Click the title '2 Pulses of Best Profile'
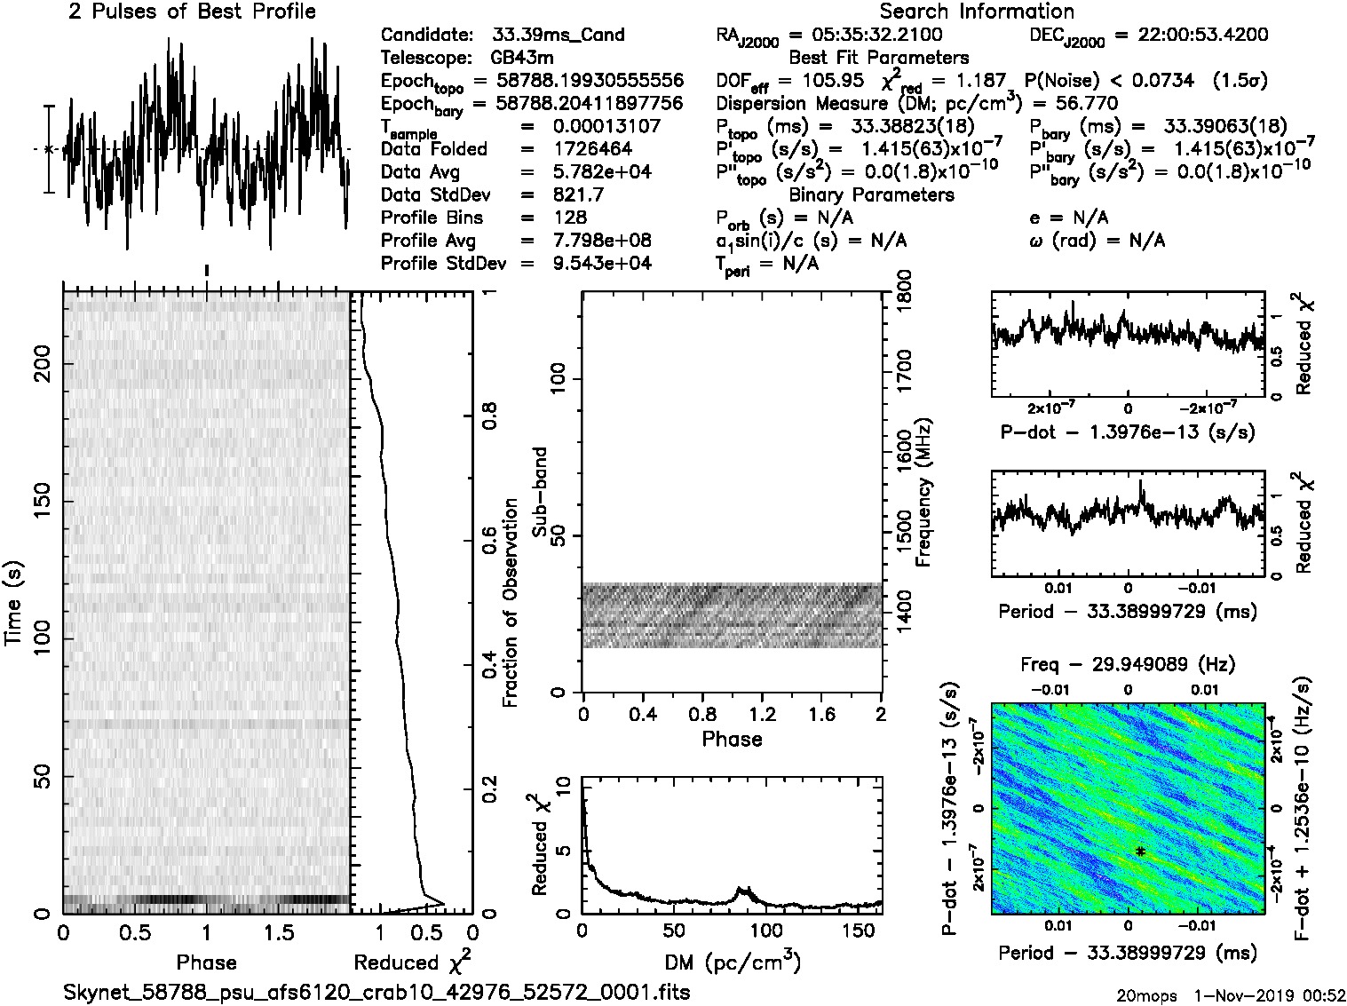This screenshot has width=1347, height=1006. click(x=192, y=12)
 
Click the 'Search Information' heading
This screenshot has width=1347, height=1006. click(x=977, y=12)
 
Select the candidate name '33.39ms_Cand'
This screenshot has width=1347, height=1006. click(x=558, y=36)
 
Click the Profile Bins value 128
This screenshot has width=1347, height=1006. click(x=569, y=218)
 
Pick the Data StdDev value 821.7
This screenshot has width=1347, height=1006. click(x=577, y=194)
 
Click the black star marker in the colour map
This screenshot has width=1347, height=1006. click(x=1140, y=852)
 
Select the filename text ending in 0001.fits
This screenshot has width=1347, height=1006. click(x=376, y=992)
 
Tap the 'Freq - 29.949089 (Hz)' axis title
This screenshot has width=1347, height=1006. click(x=1128, y=664)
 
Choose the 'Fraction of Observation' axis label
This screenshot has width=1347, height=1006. click(x=511, y=602)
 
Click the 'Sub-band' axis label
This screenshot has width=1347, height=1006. click(x=540, y=491)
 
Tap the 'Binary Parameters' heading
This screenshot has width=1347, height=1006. click(x=871, y=194)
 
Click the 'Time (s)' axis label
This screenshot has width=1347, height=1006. click(x=15, y=603)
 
